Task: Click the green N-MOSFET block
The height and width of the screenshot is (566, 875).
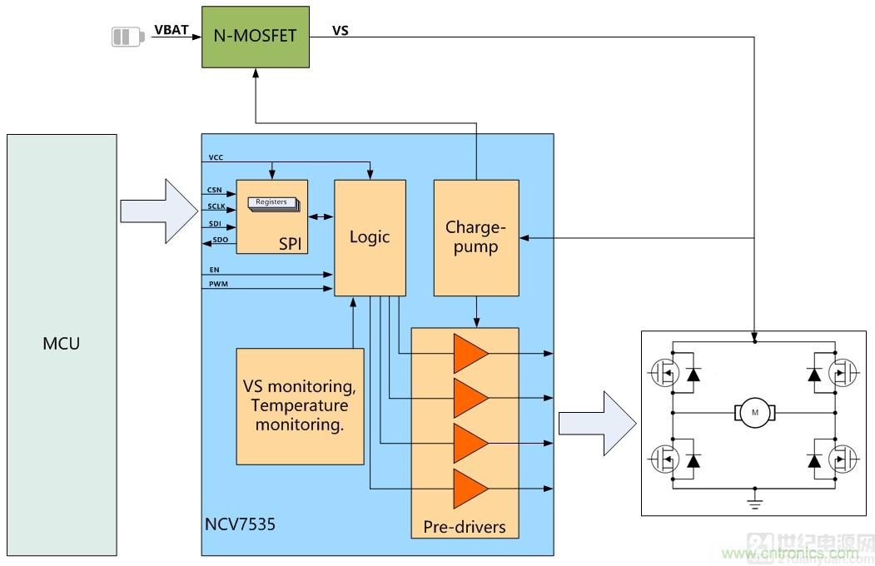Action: [x=256, y=37]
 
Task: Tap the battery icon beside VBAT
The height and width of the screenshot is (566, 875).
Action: [x=127, y=37]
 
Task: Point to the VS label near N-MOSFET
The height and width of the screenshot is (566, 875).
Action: [x=341, y=32]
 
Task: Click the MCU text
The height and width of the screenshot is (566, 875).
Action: [x=61, y=343]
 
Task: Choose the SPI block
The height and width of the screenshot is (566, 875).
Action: [x=271, y=216]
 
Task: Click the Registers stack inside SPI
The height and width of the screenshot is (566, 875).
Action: [x=271, y=202]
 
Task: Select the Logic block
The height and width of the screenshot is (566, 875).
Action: [x=370, y=237]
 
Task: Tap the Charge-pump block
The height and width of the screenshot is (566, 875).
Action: [x=476, y=237]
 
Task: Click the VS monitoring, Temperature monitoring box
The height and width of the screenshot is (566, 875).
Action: [x=301, y=406]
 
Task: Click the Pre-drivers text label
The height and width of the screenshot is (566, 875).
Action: [x=465, y=527]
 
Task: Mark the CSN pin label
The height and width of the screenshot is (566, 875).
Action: [x=214, y=191]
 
